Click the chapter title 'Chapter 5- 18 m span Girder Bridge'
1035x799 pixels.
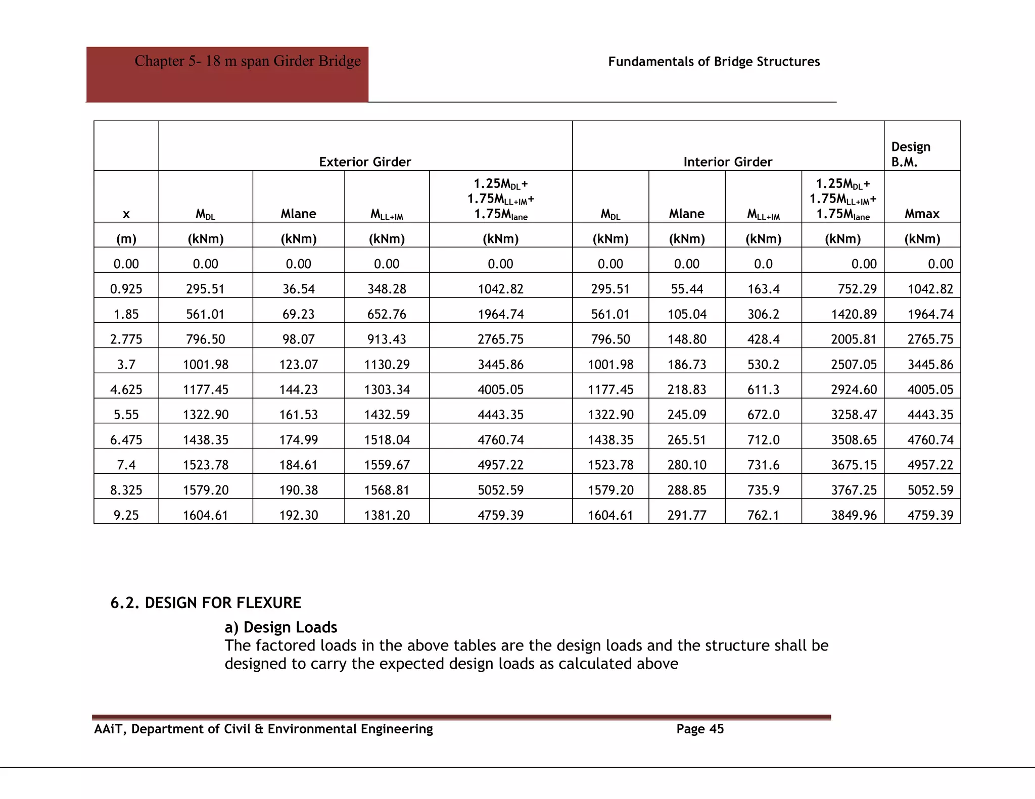247,61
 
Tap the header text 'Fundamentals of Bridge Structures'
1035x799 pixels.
714,62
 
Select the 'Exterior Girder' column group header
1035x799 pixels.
365,162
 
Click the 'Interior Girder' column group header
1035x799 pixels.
727,162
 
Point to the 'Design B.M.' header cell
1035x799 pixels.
910,154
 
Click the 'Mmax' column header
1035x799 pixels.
922,214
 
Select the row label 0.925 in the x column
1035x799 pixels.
126,289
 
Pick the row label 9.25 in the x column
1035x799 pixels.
126,515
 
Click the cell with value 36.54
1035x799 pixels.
298,289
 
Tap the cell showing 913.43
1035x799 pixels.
387,339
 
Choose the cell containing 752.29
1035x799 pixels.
854,289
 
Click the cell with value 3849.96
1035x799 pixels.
854,515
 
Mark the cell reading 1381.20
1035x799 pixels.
387,515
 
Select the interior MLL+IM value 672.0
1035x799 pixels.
763,415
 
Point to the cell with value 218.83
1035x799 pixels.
686,389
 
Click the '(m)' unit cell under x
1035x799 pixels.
126,239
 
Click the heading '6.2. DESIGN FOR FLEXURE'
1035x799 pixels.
206,603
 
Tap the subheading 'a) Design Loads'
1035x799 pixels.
280,627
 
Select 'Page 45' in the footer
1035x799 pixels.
700,729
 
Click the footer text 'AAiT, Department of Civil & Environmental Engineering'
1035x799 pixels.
263,729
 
